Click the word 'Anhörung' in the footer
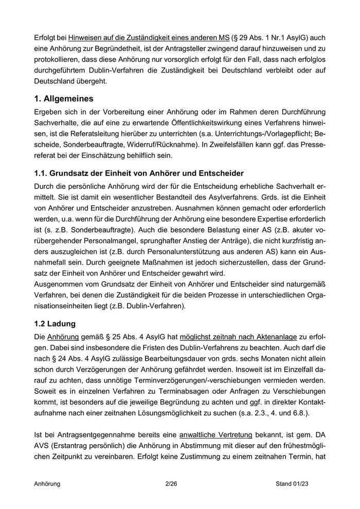click(47, 484)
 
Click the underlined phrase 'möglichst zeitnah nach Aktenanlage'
click(238, 337)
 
